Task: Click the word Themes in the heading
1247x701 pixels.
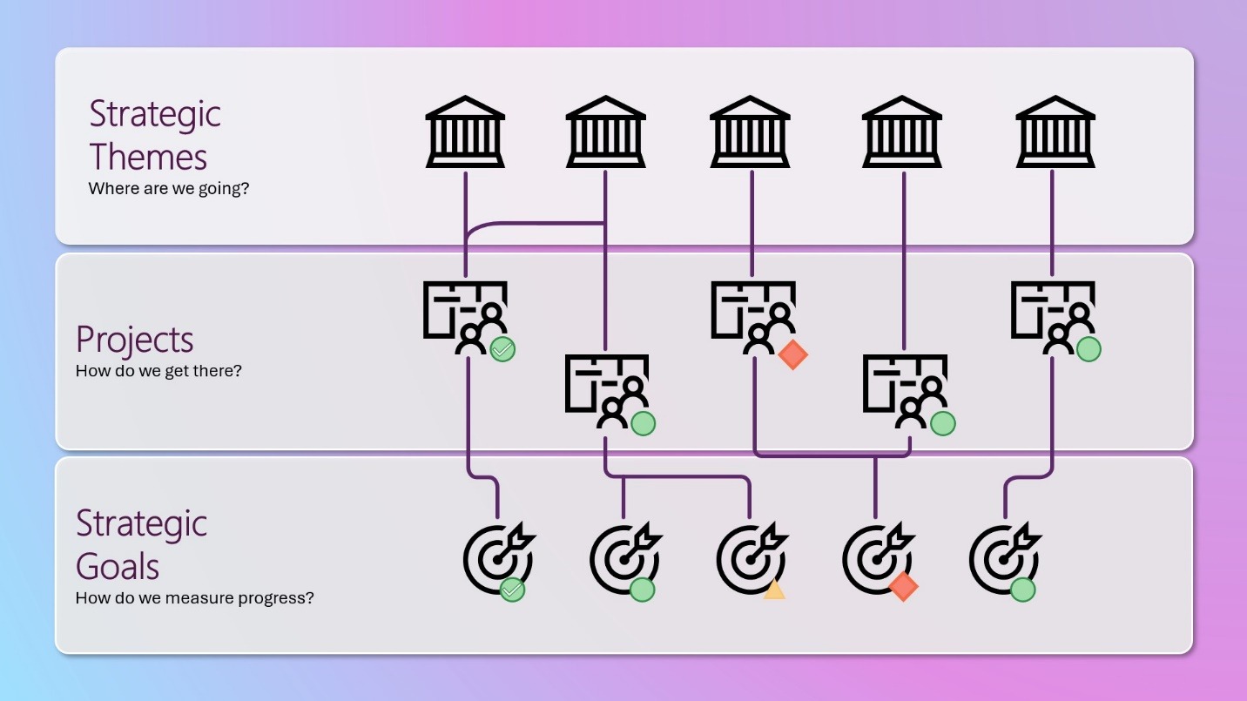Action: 148,157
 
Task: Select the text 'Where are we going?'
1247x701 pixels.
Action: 169,189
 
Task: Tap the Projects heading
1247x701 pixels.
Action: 135,339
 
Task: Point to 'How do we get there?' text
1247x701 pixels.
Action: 158,371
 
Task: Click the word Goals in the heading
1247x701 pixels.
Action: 118,566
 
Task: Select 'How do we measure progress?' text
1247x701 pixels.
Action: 195,598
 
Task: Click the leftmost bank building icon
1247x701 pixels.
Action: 465,132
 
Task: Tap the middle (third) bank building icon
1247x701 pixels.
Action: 750,132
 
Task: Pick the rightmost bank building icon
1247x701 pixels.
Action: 1055,132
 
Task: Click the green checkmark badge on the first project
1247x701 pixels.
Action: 502,350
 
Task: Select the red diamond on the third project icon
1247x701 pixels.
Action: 793,354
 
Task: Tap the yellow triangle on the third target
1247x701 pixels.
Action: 774,590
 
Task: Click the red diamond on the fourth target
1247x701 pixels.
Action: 904,586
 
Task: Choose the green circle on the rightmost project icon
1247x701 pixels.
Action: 1089,350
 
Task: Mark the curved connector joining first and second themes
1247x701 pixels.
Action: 535,224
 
